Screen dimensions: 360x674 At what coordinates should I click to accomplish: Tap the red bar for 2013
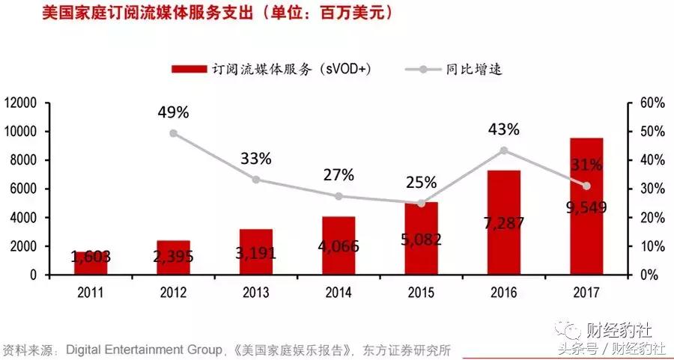click(256, 251)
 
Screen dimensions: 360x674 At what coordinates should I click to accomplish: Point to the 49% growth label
click(173, 112)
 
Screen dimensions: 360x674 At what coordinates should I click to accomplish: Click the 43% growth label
click(503, 129)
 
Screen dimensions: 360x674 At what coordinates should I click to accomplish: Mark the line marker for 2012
click(173, 133)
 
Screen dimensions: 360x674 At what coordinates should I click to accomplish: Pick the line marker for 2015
click(421, 203)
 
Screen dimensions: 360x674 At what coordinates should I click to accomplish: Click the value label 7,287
click(503, 222)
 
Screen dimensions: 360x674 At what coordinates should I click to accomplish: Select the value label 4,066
click(338, 245)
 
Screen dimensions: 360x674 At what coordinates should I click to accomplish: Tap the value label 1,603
click(91, 257)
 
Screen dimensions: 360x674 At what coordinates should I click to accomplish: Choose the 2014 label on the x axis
click(338, 293)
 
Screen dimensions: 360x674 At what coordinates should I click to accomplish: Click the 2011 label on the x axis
click(91, 293)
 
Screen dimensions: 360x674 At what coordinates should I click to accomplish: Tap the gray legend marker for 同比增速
click(423, 69)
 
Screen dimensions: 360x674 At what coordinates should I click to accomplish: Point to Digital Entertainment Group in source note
click(145, 349)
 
